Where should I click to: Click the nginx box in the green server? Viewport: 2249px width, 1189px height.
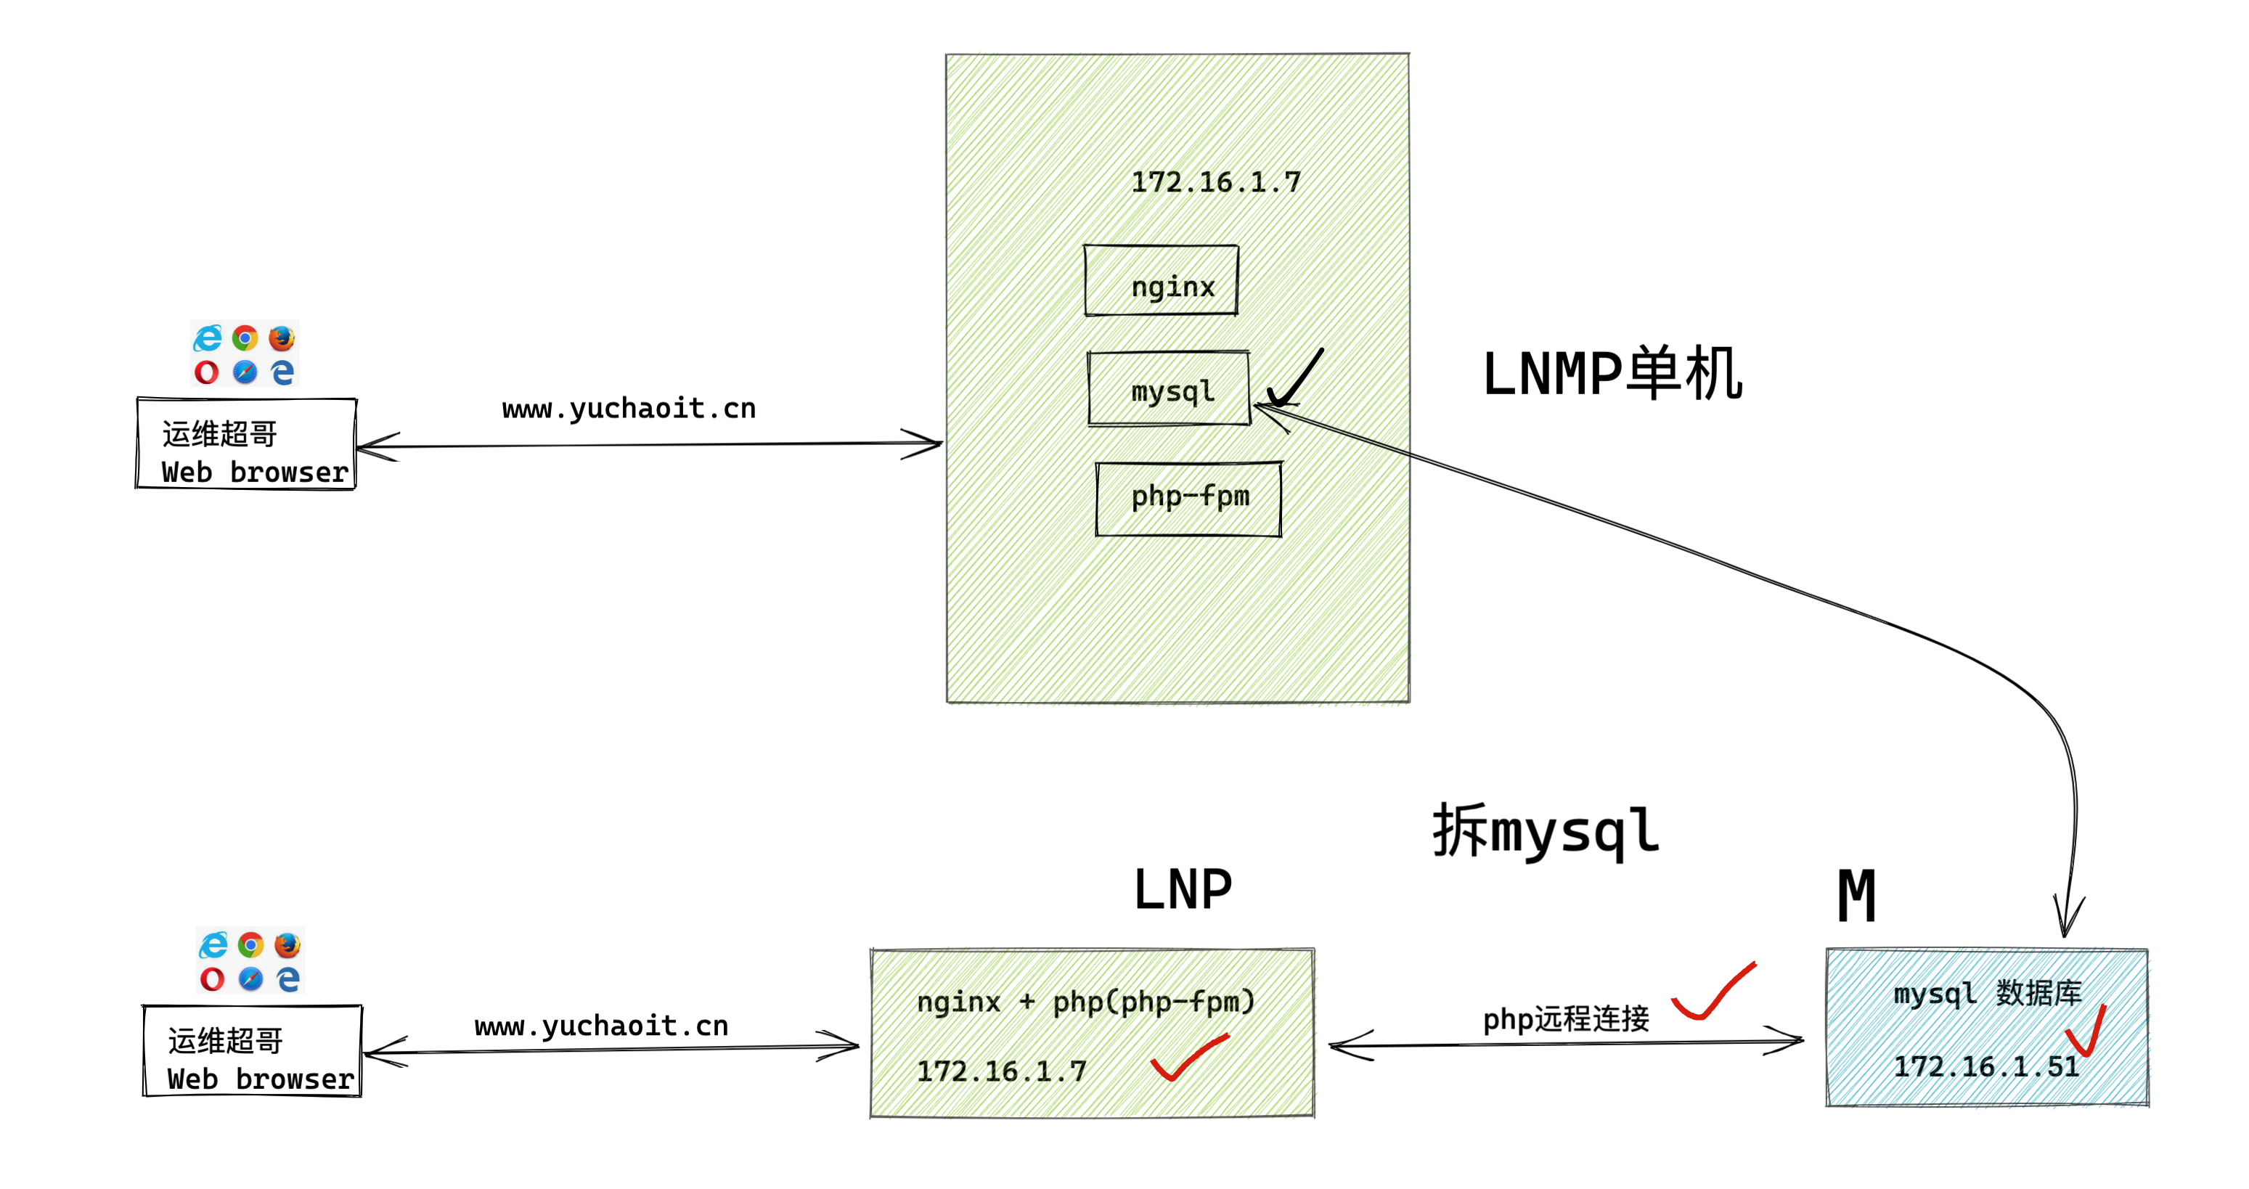click(x=1162, y=280)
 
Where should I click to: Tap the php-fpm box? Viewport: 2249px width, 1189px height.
click(x=1188, y=499)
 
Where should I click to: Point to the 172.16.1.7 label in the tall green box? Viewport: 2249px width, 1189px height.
click(x=1215, y=182)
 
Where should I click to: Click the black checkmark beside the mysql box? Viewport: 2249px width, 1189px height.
click(x=1295, y=380)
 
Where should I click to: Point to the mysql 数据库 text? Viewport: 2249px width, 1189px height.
click(x=1987, y=994)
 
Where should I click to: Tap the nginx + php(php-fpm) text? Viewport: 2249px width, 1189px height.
click(x=1085, y=1001)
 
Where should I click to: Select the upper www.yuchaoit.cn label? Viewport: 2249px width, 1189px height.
click(x=629, y=409)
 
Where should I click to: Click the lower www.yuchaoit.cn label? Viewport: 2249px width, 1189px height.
click(x=602, y=1026)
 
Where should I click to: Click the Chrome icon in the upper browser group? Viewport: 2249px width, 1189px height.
click(x=245, y=338)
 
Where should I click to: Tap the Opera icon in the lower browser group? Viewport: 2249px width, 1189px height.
click(x=212, y=978)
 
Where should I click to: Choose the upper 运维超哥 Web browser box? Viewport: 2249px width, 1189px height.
click(x=246, y=444)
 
